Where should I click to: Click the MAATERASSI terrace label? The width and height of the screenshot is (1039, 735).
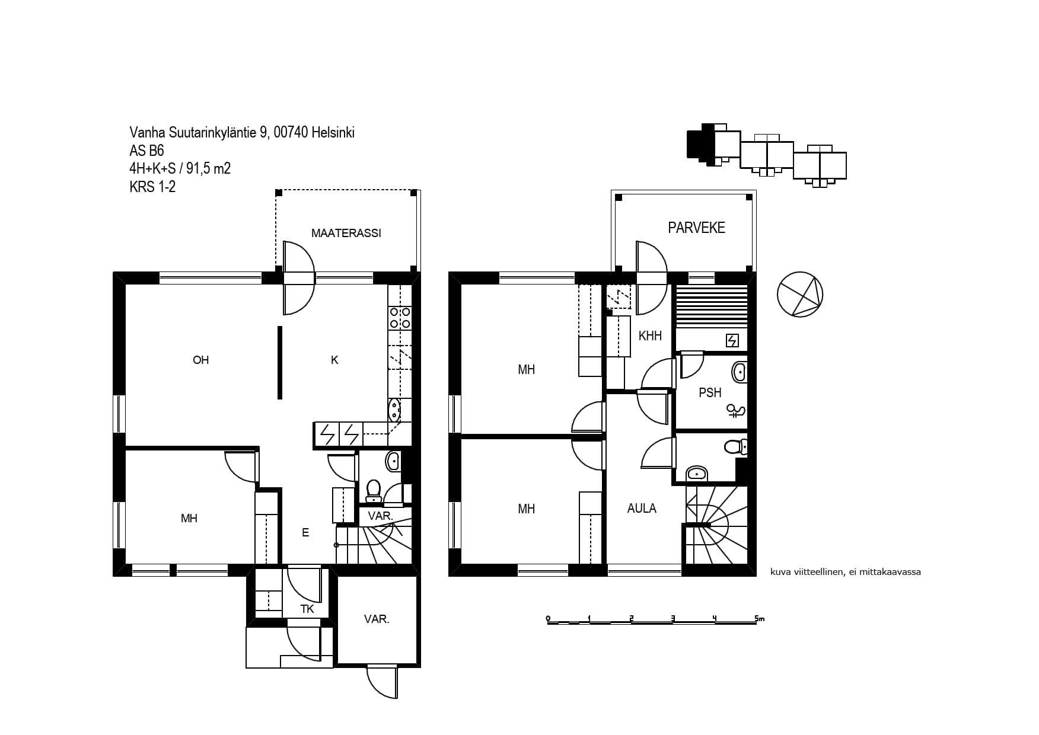[x=346, y=234]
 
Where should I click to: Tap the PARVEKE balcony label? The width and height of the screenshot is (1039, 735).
[x=696, y=228]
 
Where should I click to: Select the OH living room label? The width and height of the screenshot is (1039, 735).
[x=201, y=360]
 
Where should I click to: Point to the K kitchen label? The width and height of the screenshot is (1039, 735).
[x=334, y=360]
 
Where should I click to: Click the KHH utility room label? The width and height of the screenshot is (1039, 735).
[x=650, y=335]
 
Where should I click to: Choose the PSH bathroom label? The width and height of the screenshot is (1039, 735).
[x=710, y=392]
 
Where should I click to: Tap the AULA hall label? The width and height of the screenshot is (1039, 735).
[x=642, y=508]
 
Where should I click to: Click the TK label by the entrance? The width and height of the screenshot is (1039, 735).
[x=307, y=609]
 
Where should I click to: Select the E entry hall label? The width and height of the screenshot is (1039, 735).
[x=305, y=532]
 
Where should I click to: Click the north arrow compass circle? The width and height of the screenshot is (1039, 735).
[x=800, y=295]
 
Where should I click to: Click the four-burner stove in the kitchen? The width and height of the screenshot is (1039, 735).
[x=400, y=317]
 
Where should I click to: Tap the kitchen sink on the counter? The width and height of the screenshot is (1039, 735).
[x=394, y=409]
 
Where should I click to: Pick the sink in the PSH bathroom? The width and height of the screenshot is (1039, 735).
[x=739, y=372]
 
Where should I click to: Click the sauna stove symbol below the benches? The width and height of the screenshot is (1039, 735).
[x=732, y=341]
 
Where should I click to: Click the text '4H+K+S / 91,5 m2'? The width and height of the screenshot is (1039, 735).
[x=180, y=169]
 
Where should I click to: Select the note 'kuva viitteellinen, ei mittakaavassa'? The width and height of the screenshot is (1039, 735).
[x=846, y=573]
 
